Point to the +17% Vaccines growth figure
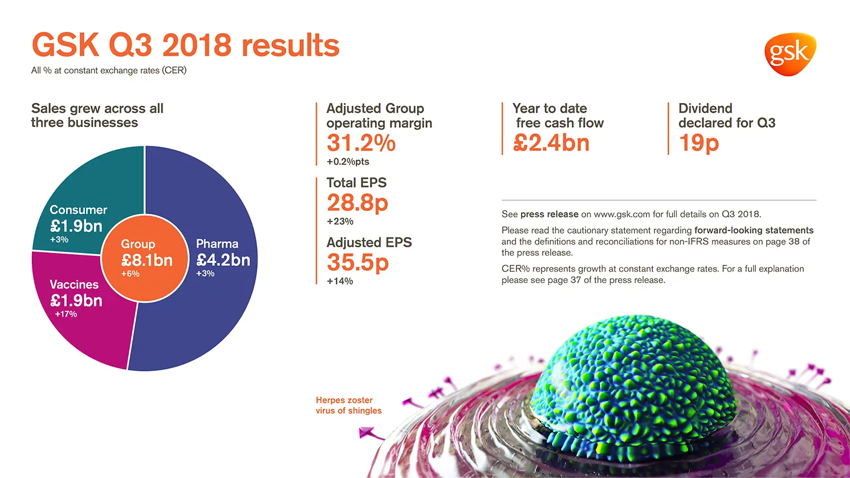coord(66,314)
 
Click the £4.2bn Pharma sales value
coord(223,260)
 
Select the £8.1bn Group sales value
coord(147,260)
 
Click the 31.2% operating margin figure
coord(361,143)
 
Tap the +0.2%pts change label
coord(348,162)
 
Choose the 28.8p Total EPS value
coord(357,203)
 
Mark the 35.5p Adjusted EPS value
coord(357,263)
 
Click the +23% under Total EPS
coord(340,222)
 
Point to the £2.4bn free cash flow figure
coord(551,143)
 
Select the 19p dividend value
coord(698,143)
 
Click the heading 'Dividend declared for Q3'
coord(726,116)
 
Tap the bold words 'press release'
coord(549,214)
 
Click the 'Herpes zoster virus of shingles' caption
coord(348,406)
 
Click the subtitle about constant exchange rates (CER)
coord(109,71)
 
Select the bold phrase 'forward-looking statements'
coord(754,230)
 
